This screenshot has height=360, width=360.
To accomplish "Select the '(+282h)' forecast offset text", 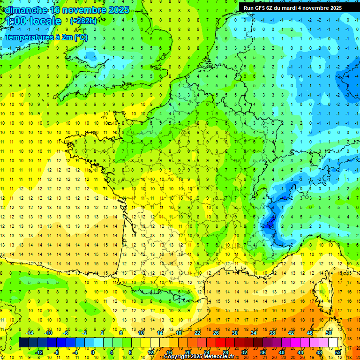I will (83, 21).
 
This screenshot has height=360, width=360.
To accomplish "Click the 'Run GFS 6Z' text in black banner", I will (262, 8).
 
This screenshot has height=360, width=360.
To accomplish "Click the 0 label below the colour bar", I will (93, 352).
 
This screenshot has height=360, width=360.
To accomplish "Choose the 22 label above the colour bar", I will (197, 333).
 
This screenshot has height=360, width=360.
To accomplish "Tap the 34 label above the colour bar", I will (254, 333).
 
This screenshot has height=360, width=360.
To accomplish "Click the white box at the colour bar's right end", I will (333, 343).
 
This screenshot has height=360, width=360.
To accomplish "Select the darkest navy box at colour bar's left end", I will (23, 343).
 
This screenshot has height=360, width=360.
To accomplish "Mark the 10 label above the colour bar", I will (141, 333).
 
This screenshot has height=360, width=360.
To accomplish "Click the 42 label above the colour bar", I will (291, 333).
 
